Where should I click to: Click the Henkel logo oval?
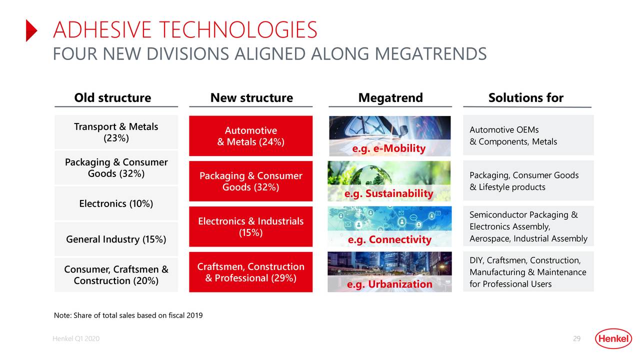[x=613, y=339]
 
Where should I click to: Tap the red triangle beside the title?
[x=31, y=30]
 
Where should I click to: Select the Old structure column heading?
[x=112, y=98]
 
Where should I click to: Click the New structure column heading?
[x=251, y=98]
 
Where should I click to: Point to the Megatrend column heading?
[x=390, y=98]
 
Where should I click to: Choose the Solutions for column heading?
[x=525, y=98]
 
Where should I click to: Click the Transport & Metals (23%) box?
[x=116, y=132]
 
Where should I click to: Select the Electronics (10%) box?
[x=116, y=203]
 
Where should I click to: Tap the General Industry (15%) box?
[x=116, y=239]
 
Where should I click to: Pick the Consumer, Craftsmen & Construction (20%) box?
[x=116, y=275]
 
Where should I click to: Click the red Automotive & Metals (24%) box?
[x=250, y=136]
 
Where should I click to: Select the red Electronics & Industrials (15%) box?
[x=250, y=226]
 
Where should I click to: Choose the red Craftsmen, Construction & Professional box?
[x=250, y=272]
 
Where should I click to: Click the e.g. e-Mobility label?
[x=388, y=148]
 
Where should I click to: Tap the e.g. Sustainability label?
[x=388, y=193]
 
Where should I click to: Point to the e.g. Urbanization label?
[x=389, y=284]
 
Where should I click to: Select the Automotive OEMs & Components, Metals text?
[x=513, y=136]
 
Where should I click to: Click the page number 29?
[x=576, y=339]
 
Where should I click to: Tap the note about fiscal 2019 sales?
[x=128, y=315]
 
